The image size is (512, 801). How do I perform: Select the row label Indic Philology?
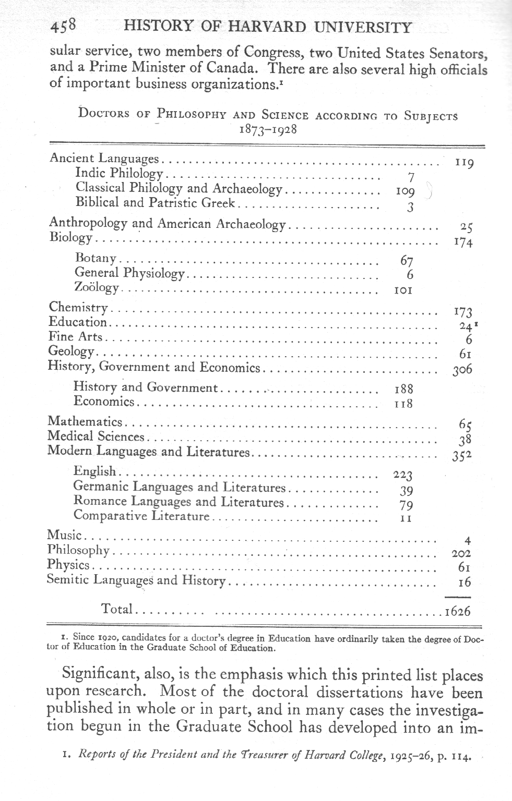coord(119,173)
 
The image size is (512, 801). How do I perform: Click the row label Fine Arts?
coord(75,337)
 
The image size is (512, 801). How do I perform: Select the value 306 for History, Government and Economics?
coord(462,370)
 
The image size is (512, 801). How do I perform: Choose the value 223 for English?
coord(402,475)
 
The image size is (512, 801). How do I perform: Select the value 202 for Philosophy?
coord(460,554)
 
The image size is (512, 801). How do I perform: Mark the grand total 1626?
coord(458,611)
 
